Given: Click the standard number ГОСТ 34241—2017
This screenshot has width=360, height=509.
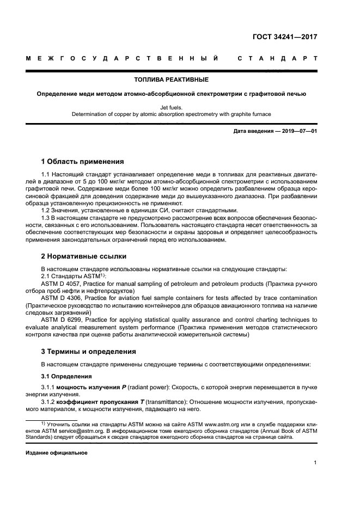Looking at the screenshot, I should (x=285, y=37).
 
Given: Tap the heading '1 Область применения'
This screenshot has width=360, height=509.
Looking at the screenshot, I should (x=83, y=162).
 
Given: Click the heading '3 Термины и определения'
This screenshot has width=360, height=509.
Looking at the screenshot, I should (x=89, y=351).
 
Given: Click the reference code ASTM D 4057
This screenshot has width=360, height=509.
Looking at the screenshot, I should (x=62, y=284).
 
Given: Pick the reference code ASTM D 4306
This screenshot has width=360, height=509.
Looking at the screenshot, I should (x=62, y=298).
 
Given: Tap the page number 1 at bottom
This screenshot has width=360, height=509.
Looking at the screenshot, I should (x=315, y=463).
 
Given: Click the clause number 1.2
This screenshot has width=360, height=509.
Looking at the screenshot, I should (x=47, y=210).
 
